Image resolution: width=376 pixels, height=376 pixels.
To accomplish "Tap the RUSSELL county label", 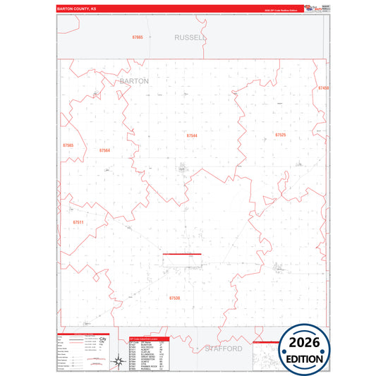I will pyautogui.click(x=190, y=36).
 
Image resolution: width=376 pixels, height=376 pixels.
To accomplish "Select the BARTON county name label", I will pyautogui.click(x=135, y=81).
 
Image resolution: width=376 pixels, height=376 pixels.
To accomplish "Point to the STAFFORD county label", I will pyautogui.click(x=224, y=348).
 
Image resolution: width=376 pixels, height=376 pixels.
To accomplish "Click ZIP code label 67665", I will pyautogui.click(x=138, y=37).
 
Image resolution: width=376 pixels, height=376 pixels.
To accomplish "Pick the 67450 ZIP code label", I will pyautogui.click(x=323, y=88).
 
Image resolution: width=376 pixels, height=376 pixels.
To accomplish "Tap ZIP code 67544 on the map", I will pyautogui.click(x=192, y=135).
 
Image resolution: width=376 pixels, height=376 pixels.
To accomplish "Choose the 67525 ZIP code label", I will pyautogui.click(x=280, y=134).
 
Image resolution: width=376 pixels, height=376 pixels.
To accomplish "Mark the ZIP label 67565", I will pyautogui.click(x=68, y=145).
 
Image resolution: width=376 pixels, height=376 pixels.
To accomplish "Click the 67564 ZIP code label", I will pyautogui.click(x=104, y=150).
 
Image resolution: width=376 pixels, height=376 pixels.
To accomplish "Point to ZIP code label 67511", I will pyautogui.click(x=78, y=222).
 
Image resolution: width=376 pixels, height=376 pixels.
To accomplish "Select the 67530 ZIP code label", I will pyautogui.click(x=174, y=298).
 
